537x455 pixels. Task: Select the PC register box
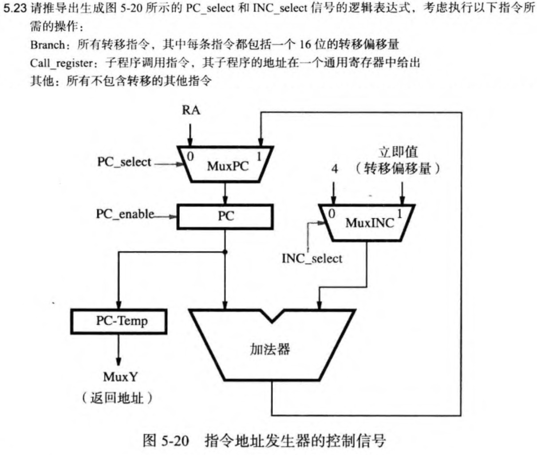coord(225,216)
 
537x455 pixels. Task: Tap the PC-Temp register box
coord(119,321)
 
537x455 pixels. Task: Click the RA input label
coord(191,110)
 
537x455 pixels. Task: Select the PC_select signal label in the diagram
coord(124,162)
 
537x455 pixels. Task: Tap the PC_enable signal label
coord(125,214)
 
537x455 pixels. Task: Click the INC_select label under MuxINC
coord(312,259)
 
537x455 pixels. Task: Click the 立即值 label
coord(398,153)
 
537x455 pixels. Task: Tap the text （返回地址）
coord(117,398)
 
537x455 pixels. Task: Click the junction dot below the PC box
coord(225,252)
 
